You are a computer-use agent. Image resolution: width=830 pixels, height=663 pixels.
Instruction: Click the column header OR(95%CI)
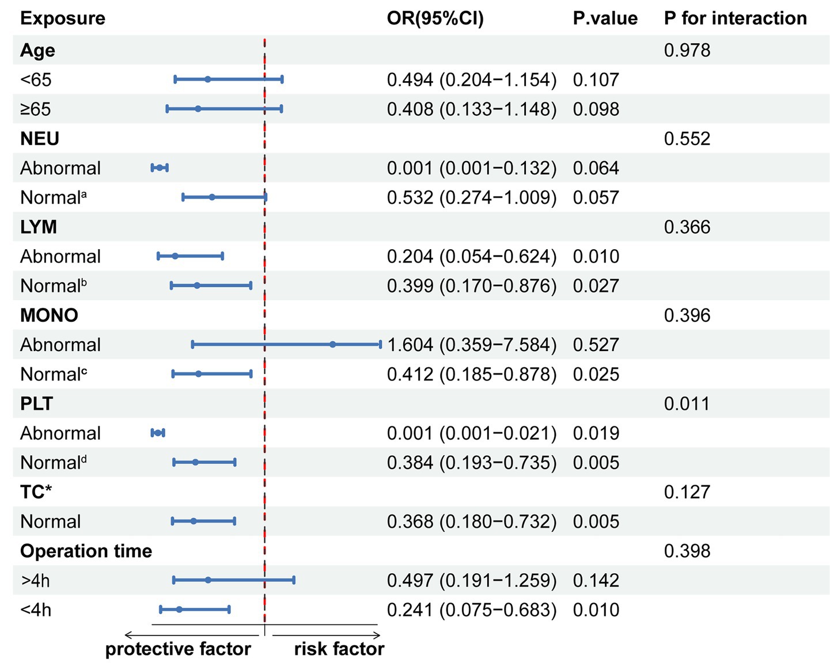coord(435,18)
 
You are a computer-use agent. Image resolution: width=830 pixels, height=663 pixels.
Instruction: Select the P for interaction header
coord(735,18)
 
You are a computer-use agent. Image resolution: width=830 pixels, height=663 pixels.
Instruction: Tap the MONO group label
coord(49,315)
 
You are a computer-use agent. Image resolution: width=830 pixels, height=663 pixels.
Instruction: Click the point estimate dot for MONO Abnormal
coord(333,345)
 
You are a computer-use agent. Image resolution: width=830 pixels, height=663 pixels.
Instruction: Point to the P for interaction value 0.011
coord(687,403)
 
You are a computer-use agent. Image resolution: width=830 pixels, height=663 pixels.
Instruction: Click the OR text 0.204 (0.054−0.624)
coord(471,257)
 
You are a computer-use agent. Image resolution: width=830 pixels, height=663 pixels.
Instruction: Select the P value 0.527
coord(596,345)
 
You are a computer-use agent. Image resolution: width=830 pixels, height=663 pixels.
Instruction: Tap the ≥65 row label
coord(36,109)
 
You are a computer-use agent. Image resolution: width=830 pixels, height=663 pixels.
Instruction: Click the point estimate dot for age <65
coord(208,79)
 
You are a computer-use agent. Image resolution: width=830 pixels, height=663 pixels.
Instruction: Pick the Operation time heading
coord(86,551)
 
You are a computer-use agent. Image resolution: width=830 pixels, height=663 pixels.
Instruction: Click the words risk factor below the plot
coord(339,649)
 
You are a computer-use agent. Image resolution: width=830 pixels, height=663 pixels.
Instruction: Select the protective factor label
coord(178,649)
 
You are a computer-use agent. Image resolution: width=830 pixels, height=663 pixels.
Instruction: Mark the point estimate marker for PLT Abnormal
coord(158,433)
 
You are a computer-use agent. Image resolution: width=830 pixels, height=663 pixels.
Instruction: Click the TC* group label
coord(36,492)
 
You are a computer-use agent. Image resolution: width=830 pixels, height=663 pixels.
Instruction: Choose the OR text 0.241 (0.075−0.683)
coord(471,610)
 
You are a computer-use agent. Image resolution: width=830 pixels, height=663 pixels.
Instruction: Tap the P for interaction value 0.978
coord(687,51)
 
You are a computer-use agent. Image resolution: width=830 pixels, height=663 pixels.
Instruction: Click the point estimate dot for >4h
coord(208,580)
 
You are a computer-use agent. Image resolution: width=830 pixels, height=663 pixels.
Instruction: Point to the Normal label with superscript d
coord(53,463)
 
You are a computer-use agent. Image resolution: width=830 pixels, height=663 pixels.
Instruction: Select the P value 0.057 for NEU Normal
coord(596,197)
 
